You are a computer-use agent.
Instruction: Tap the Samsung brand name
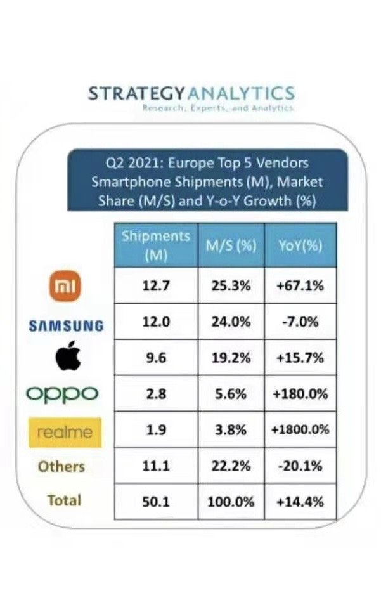pyautogui.click(x=66, y=326)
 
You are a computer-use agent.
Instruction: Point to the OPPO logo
pyautogui.click(x=62, y=394)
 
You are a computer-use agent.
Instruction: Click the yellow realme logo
pyautogui.click(x=65, y=433)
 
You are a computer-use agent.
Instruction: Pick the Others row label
pyautogui.click(x=61, y=466)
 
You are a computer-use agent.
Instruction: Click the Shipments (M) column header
pyautogui.click(x=156, y=245)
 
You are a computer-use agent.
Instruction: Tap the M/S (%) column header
pyautogui.click(x=231, y=245)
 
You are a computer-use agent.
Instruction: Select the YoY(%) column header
pyautogui.click(x=300, y=245)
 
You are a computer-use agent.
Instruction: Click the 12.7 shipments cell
pyautogui.click(x=156, y=285)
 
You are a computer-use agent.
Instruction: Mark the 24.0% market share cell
pyautogui.click(x=231, y=322)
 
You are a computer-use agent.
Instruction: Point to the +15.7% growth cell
pyautogui.click(x=300, y=357)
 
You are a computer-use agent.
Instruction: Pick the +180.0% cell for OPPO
pyautogui.click(x=300, y=394)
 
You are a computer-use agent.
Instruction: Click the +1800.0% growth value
pyautogui.click(x=300, y=429)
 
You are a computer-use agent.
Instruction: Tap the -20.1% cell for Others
pyautogui.click(x=300, y=466)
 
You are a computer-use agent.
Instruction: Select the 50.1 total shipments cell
pyautogui.click(x=156, y=502)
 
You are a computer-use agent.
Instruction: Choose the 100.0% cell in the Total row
pyautogui.click(x=231, y=502)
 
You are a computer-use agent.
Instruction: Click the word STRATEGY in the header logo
pyautogui.click(x=136, y=94)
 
